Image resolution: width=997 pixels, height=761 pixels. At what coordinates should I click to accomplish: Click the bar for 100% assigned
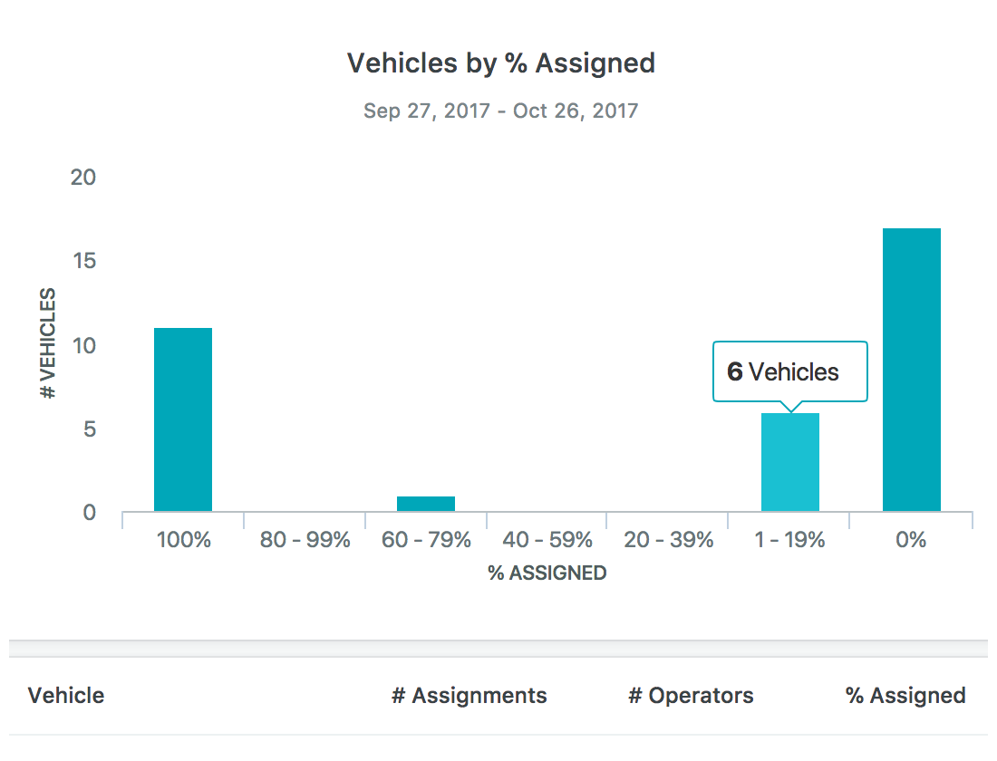(183, 419)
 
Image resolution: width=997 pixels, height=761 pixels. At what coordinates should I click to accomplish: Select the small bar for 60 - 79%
(426, 504)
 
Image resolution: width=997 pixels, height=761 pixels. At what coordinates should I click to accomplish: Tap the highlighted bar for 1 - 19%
(790, 462)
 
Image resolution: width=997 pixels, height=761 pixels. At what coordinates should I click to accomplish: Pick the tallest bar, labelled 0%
(912, 370)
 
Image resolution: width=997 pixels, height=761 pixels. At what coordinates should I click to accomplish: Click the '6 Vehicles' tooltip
(789, 371)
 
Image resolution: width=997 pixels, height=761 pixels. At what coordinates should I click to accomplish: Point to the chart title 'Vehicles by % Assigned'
(501, 63)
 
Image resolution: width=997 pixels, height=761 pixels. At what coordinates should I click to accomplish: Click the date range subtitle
(501, 111)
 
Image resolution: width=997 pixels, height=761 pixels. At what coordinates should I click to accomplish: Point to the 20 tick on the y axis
(83, 177)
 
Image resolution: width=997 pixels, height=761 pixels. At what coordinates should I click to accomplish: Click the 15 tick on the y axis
(83, 261)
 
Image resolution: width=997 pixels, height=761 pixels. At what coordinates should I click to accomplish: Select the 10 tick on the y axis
(83, 345)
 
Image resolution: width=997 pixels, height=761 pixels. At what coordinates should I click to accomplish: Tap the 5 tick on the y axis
(88, 429)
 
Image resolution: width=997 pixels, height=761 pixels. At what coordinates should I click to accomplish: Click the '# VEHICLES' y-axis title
(48, 344)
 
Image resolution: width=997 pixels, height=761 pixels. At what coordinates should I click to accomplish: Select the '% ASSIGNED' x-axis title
(547, 573)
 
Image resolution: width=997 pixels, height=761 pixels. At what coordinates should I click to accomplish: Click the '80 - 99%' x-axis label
(305, 541)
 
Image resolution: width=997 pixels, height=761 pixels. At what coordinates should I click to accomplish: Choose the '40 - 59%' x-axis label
(547, 541)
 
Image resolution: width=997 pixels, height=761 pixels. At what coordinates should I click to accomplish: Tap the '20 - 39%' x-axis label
(669, 541)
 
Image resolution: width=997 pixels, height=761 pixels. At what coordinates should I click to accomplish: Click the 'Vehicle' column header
(66, 696)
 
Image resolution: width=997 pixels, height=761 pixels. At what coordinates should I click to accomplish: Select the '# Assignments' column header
(469, 696)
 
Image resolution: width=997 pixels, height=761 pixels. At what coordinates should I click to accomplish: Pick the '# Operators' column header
(691, 696)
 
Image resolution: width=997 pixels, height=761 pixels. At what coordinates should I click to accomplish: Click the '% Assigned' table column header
(905, 696)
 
